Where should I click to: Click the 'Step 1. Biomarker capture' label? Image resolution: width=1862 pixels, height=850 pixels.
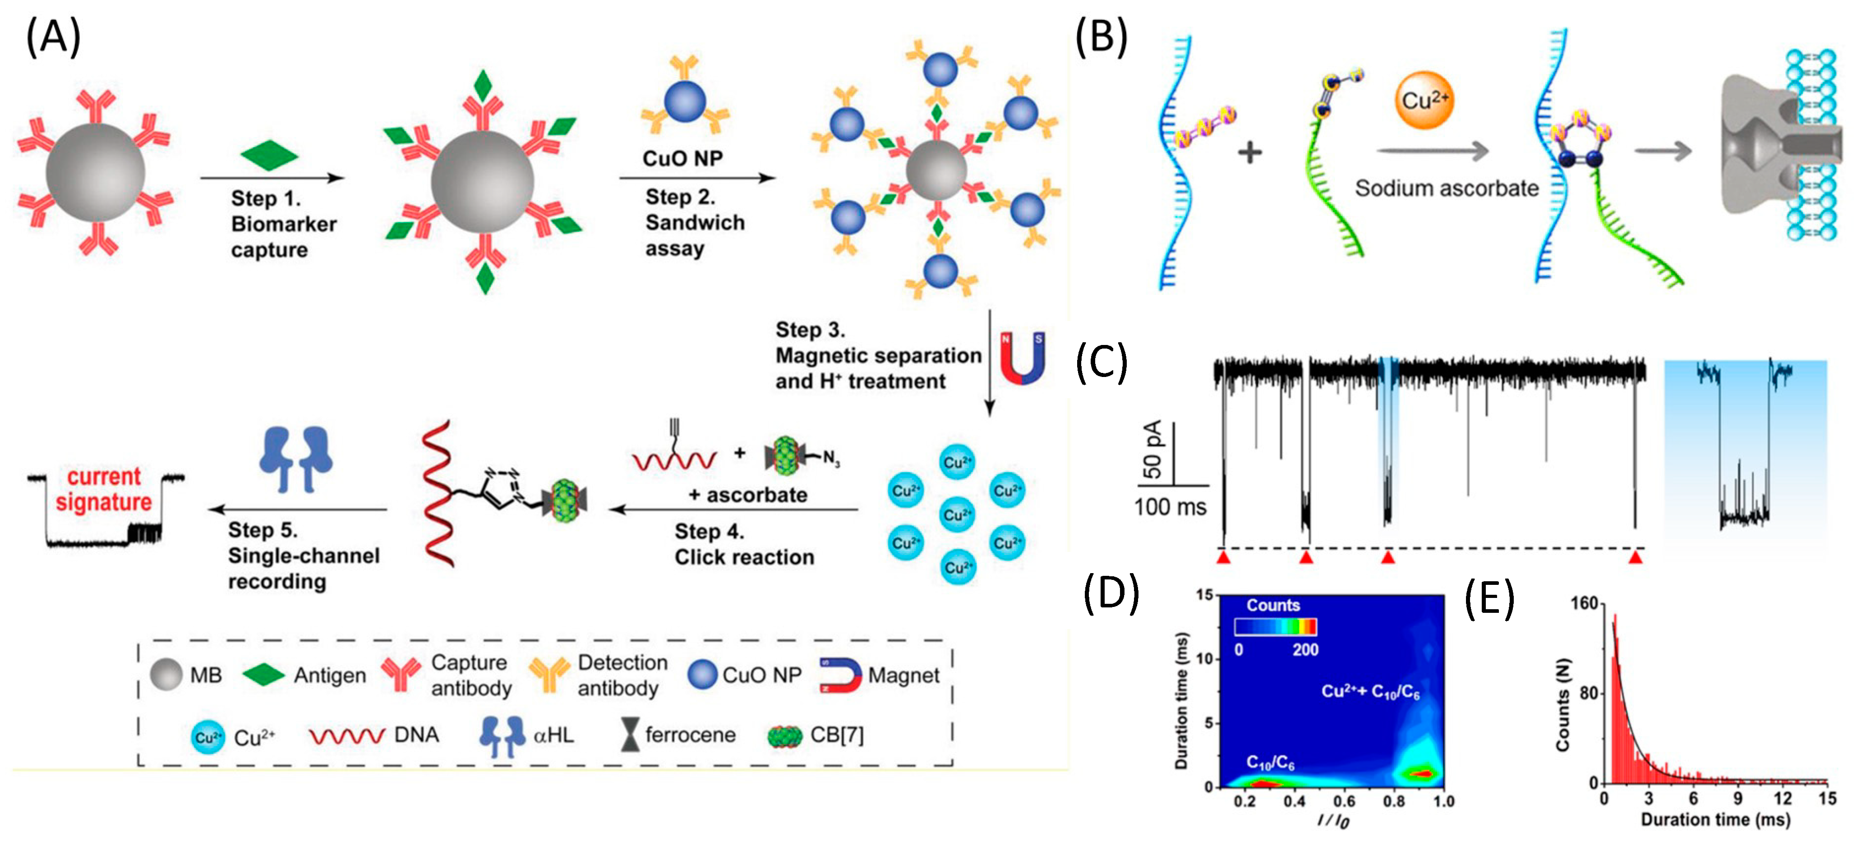click(x=283, y=224)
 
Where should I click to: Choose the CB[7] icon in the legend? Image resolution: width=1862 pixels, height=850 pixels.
click(x=784, y=736)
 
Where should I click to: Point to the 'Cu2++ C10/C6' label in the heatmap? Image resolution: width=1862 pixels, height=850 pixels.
click(x=1370, y=692)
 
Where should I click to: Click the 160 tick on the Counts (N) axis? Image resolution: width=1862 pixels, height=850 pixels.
click(x=1584, y=603)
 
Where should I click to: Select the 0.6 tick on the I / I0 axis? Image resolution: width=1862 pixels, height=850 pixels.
click(x=1344, y=801)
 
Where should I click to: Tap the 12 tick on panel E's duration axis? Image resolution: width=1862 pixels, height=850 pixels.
click(x=1783, y=798)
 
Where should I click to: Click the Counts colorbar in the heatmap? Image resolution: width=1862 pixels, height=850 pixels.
click(x=1275, y=627)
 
